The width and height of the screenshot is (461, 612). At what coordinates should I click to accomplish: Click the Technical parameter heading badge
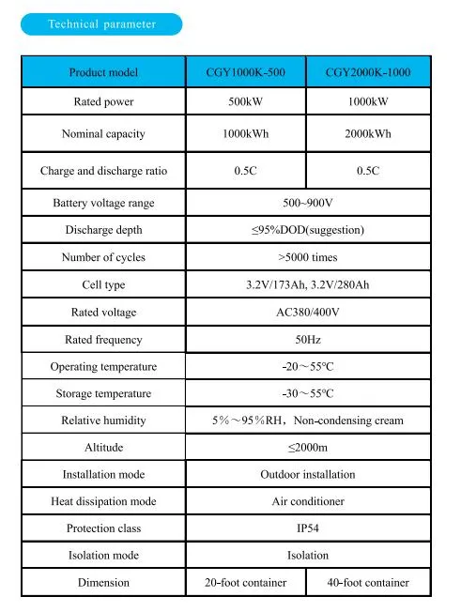(x=102, y=24)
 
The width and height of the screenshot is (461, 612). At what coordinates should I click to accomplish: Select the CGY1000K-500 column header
(x=245, y=72)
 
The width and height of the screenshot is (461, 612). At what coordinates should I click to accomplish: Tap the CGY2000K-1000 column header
(x=368, y=72)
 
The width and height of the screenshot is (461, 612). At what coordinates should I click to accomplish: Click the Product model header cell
(x=103, y=72)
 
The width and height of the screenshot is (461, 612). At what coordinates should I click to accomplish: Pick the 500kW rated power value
(x=245, y=101)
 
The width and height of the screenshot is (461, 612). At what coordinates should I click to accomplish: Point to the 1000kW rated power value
(x=368, y=101)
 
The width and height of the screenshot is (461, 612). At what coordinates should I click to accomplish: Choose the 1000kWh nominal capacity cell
(x=245, y=134)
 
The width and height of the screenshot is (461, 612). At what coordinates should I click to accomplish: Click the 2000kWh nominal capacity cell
(x=368, y=134)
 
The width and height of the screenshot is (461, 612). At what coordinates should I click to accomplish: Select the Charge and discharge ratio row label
(x=103, y=171)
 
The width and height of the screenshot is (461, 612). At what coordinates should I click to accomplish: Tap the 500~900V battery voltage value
(x=308, y=203)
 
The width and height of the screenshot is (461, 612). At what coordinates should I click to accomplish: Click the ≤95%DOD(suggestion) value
(x=308, y=230)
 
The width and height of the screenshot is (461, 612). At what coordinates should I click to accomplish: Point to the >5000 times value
(x=308, y=257)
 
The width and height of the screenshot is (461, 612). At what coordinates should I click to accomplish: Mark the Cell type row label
(x=103, y=284)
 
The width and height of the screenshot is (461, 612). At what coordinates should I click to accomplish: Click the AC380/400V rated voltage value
(x=308, y=312)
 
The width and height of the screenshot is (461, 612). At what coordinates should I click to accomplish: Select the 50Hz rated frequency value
(x=308, y=339)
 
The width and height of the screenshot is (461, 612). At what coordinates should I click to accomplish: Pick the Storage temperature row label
(x=103, y=393)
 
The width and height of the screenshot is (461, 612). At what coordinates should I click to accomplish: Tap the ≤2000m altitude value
(x=308, y=448)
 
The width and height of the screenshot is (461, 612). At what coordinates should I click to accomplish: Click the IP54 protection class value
(x=308, y=528)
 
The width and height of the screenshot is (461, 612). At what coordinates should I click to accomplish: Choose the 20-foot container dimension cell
(x=245, y=583)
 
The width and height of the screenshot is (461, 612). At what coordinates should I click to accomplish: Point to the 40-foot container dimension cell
(x=368, y=583)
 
